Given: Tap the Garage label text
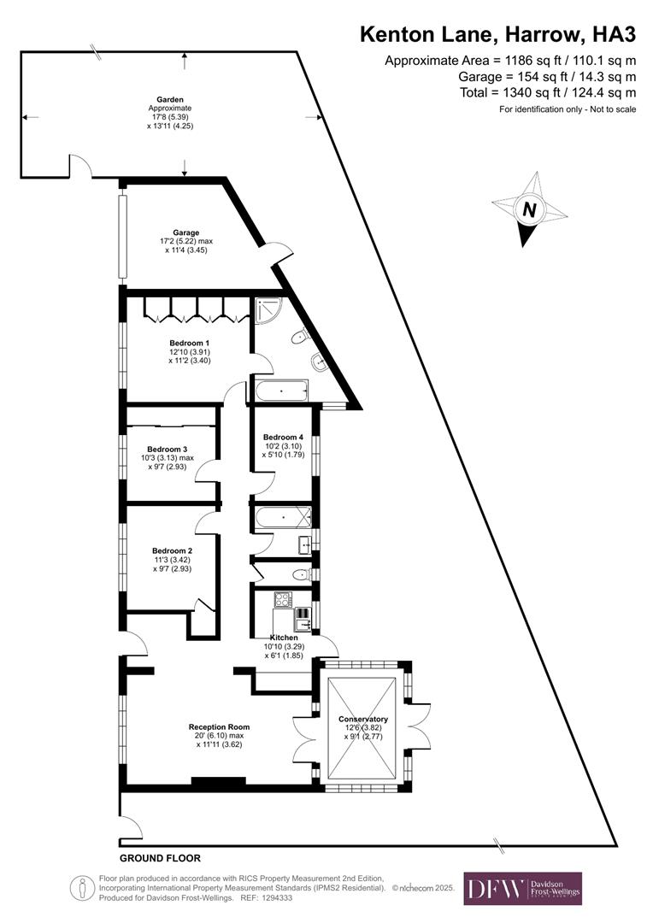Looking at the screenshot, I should [185, 232].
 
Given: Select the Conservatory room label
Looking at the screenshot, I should [362, 719].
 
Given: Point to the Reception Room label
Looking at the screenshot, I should [219, 727].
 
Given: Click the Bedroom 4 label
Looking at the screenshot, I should [283, 437].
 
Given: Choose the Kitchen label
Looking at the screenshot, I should [284, 638].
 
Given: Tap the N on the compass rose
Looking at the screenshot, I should [529, 209].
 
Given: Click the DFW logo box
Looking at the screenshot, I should [522, 888].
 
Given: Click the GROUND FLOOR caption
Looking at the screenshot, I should [160, 857].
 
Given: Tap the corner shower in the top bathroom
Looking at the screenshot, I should [267, 310].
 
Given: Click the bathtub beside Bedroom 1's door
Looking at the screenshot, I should [281, 392].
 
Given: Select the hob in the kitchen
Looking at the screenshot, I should [283, 599].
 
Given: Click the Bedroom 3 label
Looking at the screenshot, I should [167, 449].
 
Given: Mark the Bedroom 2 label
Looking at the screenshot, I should [172, 550].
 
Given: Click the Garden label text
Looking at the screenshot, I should [170, 99].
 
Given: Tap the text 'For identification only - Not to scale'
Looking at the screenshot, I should [568, 109].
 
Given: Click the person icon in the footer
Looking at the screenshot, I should [84, 888].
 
